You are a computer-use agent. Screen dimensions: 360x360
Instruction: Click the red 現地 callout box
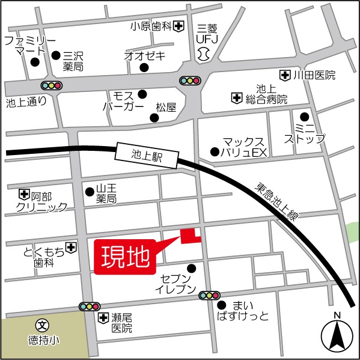tap(124, 257)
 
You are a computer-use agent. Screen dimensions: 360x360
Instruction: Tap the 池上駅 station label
tap(147, 156)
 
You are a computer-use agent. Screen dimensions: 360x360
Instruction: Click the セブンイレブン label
tap(177, 285)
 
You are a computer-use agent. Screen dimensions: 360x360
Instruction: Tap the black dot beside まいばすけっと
tap(222, 305)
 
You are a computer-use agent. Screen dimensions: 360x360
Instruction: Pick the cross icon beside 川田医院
tap(285, 75)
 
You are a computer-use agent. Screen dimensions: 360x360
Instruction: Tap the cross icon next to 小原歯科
tap(179, 26)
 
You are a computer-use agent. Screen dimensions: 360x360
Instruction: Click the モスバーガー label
tap(124, 100)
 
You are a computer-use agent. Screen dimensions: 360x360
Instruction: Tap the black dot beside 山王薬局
tap(90, 192)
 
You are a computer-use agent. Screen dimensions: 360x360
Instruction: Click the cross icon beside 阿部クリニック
tap(24, 194)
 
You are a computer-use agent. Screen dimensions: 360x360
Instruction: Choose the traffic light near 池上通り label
tap(52, 85)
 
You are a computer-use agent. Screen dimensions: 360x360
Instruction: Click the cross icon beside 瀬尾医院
tap(104, 317)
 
